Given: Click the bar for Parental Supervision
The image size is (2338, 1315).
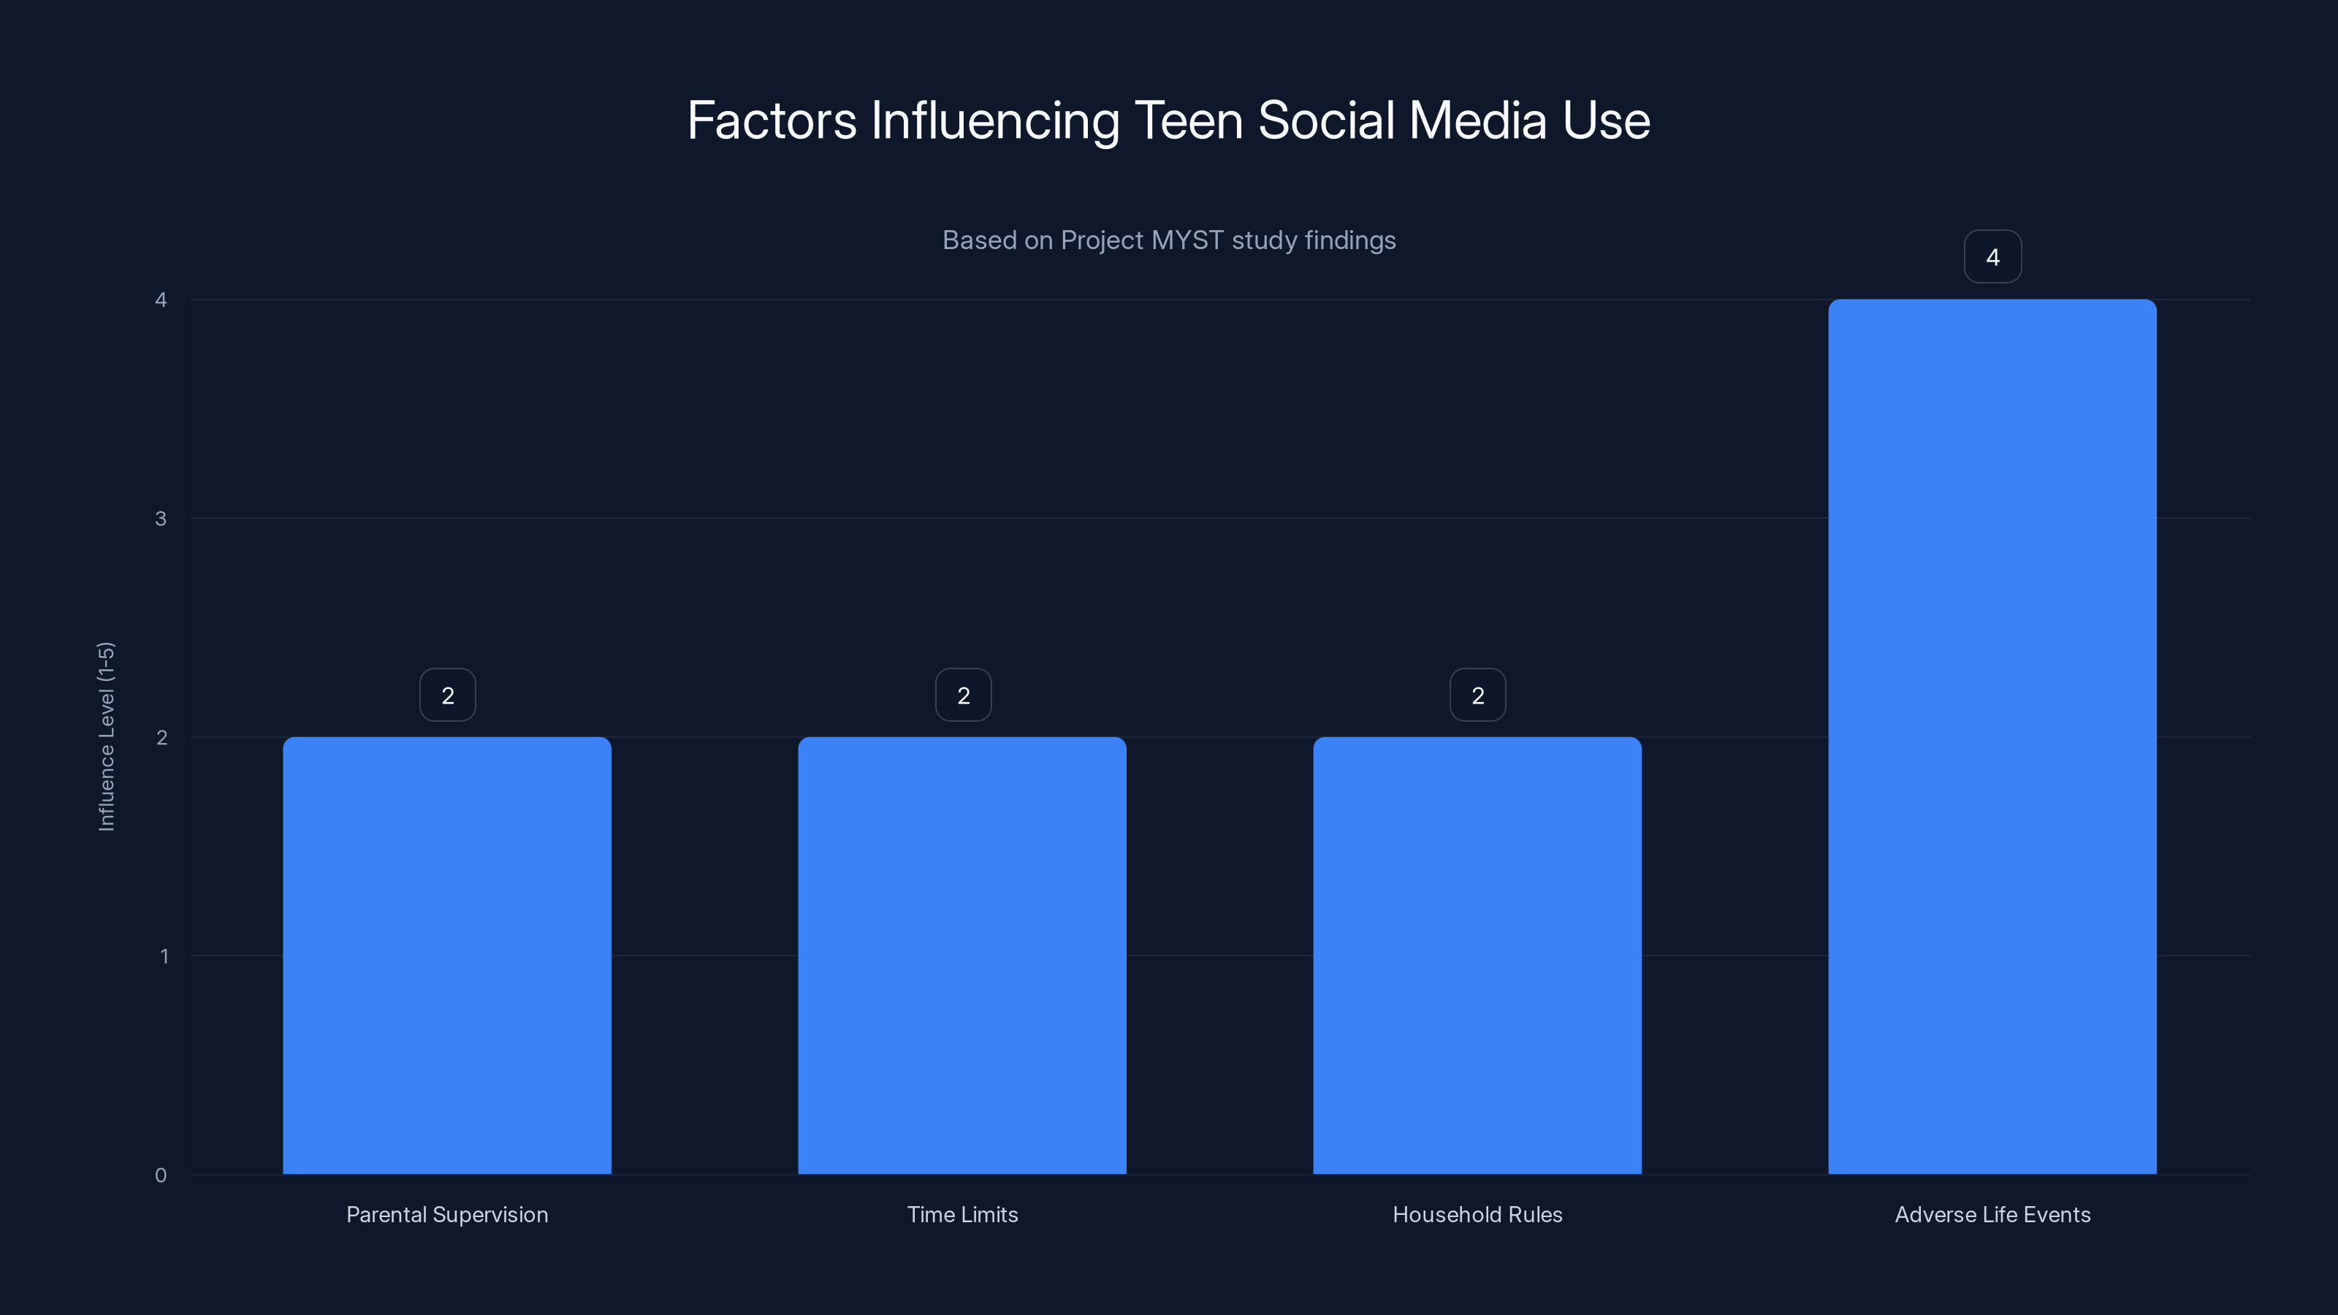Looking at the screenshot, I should tap(446, 955).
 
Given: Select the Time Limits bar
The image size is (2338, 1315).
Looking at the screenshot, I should tap(962, 955).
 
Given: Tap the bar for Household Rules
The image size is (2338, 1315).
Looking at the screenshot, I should tap(1477, 955).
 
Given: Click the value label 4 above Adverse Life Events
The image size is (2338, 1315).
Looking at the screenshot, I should tap(1992, 257).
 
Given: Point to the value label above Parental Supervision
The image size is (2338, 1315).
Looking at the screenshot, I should tap(447, 695).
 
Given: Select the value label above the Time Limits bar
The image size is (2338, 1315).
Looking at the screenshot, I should tap(963, 695).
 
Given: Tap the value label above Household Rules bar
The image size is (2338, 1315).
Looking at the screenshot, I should tap(1477, 695).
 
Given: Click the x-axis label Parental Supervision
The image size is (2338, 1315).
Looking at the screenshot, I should tap(446, 1214).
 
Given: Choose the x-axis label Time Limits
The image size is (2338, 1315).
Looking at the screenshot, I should tap(962, 1214).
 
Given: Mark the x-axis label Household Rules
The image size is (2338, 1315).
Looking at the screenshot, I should tap(1477, 1214).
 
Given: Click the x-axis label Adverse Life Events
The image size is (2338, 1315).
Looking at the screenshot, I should tap(1992, 1214).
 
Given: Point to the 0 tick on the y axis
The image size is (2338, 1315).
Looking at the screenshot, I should tap(161, 1175).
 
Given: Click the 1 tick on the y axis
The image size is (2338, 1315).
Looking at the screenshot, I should tap(164, 956).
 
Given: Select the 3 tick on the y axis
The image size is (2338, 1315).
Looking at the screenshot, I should tap(161, 518).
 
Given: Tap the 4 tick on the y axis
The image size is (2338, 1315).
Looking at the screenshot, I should tap(161, 300).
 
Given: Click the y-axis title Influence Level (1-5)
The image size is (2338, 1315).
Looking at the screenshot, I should tap(106, 736).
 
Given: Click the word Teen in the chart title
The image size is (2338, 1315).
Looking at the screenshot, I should tap(1188, 121).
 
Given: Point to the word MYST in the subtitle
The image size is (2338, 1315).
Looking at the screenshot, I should tap(1187, 240).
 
